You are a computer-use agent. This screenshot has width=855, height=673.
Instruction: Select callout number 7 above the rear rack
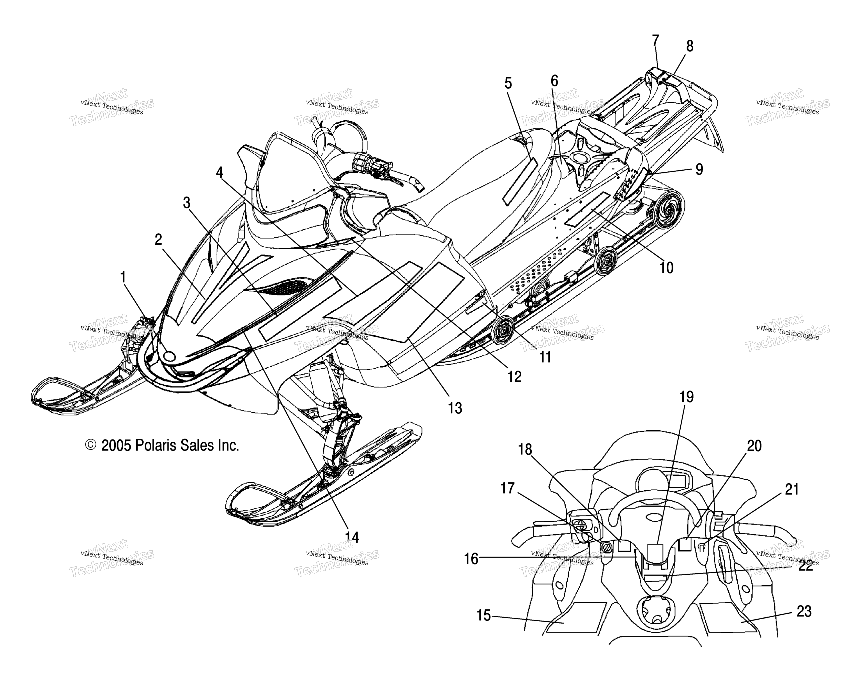pyautogui.click(x=655, y=41)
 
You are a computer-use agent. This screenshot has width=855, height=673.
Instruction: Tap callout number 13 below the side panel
pyautogui.click(x=455, y=408)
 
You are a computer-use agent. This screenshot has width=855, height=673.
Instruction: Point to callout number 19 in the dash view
pyautogui.click(x=686, y=397)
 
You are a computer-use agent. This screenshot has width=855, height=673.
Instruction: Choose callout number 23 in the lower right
pyautogui.click(x=804, y=611)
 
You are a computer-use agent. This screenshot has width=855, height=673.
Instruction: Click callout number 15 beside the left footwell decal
pyautogui.click(x=484, y=615)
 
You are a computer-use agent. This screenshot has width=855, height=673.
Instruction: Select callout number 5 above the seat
pyautogui.click(x=508, y=83)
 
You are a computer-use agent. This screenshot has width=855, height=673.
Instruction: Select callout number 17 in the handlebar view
pyautogui.click(x=508, y=488)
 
